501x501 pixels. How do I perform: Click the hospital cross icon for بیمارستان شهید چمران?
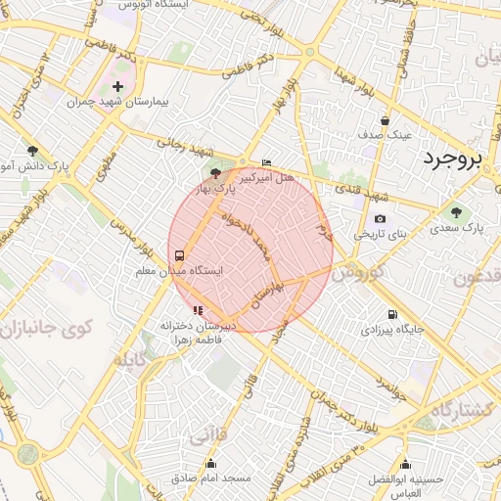[x=118, y=87]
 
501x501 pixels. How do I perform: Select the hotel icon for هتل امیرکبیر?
[x=267, y=163]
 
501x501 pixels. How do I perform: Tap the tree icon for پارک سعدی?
[x=455, y=212]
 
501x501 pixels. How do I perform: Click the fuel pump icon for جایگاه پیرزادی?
[x=392, y=315]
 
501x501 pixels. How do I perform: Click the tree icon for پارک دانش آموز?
[x=33, y=151]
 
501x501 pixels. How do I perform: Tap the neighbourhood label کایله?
[x=133, y=361]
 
